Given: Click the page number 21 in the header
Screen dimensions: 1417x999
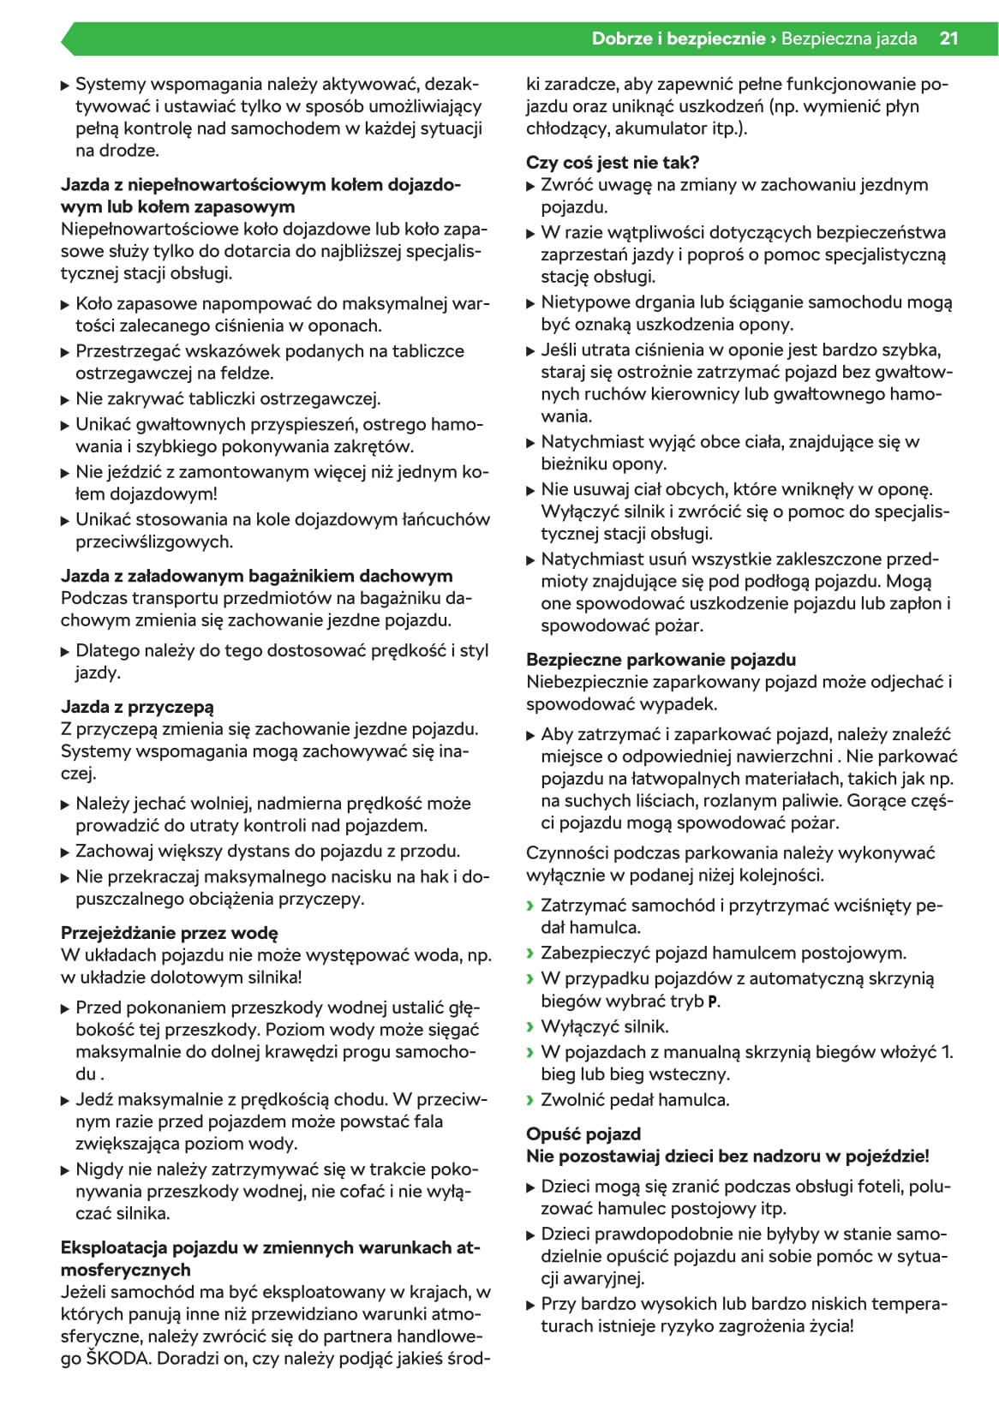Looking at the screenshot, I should pyautogui.click(x=948, y=39).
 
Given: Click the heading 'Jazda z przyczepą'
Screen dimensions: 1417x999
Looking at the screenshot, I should pyautogui.click(x=137, y=707).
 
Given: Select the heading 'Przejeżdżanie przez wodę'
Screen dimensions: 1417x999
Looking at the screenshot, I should pyautogui.click(x=170, y=933).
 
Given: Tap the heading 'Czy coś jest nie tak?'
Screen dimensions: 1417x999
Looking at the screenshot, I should pyautogui.click(x=613, y=162).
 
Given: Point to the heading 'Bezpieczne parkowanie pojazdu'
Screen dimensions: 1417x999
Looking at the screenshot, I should pyautogui.click(x=661, y=660).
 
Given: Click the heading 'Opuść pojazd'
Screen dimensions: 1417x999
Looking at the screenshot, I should pyautogui.click(x=583, y=1133).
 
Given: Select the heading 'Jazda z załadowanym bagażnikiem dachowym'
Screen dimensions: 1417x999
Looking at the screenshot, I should pyautogui.click(x=256, y=576).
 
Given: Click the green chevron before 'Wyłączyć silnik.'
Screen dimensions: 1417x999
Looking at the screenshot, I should pyautogui.click(x=530, y=1026).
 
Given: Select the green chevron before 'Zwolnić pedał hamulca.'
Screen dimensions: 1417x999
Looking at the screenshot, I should pyautogui.click(x=530, y=1100).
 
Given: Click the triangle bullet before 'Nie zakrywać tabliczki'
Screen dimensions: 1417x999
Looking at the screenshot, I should pyautogui.click(x=65, y=399).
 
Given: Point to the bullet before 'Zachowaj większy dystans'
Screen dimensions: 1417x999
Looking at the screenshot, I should pyautogui.click(x=65, y=852).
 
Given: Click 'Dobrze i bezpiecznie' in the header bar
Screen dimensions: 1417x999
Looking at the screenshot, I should pyautogui.click(x=678, y=39).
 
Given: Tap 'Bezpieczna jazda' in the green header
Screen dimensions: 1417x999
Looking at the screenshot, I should pyautogui.click(x=849, y=39).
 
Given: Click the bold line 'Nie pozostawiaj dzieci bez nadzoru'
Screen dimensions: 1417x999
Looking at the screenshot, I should pyautogui.click(x=727, y=1156).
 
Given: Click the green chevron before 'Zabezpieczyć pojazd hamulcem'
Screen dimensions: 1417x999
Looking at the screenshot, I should pyautogui.click(x=530, y=953).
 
